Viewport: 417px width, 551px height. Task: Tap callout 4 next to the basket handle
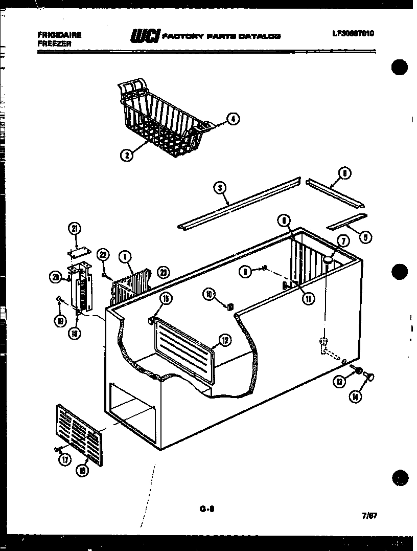pos(233,119)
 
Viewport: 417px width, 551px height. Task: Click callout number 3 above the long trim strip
pos(220,189)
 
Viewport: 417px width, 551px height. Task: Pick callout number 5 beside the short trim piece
pos(365,236)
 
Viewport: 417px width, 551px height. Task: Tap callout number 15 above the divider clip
pos(166,299)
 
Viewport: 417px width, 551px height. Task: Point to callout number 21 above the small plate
pos(76,229)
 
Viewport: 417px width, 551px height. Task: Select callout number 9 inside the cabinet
pos(246,273)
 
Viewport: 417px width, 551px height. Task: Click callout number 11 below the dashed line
pos(308,299)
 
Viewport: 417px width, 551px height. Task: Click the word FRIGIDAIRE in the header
pos(60,35)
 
